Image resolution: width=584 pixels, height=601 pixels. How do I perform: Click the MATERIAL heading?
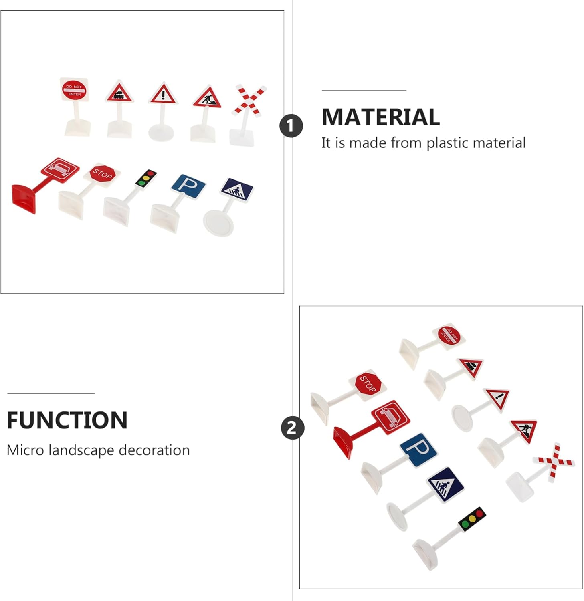click(x=380, y=117)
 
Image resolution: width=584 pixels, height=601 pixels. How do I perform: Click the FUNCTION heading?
click(x=67, y=420)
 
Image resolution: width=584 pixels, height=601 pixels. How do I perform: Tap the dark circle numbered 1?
click(x=291, y=126)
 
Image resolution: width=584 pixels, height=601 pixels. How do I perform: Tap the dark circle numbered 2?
click(x=292, y=428)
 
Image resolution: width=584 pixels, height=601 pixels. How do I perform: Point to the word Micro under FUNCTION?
click(x=25, y=450)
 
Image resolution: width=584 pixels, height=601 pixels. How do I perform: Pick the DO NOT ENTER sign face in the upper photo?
click(x=74, y=90)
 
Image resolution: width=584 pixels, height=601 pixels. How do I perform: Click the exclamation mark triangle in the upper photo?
click(x=162, y=95)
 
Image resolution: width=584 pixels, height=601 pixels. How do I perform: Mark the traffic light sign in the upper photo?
click(x=145, y=178)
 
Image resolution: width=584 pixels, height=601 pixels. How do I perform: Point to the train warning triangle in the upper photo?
click(x=119, y=93)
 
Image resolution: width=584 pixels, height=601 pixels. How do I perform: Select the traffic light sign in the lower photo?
click(x=472, y=519)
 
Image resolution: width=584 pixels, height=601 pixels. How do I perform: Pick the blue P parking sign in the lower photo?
click(x=418, y=450)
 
